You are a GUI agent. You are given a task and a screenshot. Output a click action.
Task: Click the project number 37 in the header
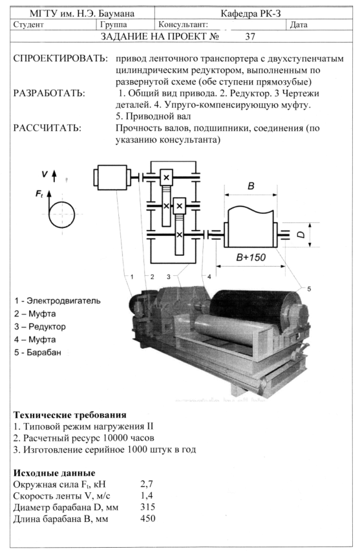[250, 37]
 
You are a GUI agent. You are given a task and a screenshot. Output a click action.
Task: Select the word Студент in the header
[28, 25]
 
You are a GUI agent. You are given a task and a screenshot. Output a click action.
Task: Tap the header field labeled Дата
[299, 25]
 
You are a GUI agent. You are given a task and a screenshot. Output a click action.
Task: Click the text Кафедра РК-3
[251, 14]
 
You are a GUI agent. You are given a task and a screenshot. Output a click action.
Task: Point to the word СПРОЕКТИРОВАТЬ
[61, 58]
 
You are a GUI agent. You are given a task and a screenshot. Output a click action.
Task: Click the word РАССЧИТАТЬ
[47, 128]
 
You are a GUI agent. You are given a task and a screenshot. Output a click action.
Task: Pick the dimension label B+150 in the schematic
[251, 258]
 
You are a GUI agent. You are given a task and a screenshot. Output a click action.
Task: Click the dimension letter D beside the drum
[301, 234]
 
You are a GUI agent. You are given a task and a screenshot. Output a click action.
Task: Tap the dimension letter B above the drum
[251, 186]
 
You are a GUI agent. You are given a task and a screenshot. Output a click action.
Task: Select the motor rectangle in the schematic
[112, 177]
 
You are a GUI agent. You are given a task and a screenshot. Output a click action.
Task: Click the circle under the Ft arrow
[61, 214]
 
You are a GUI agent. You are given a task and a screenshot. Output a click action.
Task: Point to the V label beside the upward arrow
[45, 174]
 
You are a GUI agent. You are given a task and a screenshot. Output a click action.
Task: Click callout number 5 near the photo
[309, 289]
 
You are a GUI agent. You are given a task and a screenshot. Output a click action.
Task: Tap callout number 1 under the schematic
[132, 277]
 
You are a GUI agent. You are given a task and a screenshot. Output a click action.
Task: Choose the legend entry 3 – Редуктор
[39, 326]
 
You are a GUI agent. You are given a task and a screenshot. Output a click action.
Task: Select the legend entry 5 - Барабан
[37, 352]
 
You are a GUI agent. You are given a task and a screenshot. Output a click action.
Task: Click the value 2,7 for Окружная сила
[147, 484]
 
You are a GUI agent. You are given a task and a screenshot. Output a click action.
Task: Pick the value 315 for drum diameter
[147, 507]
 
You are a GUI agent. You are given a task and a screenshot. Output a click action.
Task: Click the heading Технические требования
[70, 415]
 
